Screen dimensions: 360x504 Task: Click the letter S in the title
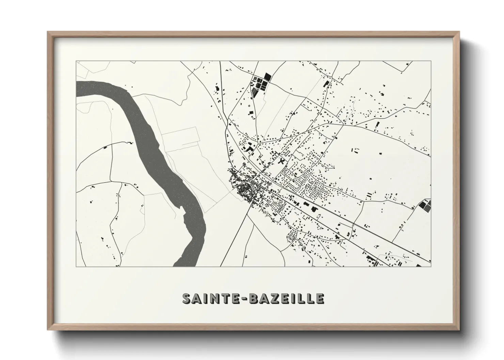[x=187, y=298]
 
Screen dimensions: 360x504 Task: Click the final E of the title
[x=319, y=298]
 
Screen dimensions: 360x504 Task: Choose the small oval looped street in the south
[x=292, y=235]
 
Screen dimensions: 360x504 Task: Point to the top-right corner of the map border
[x=431, y=61]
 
